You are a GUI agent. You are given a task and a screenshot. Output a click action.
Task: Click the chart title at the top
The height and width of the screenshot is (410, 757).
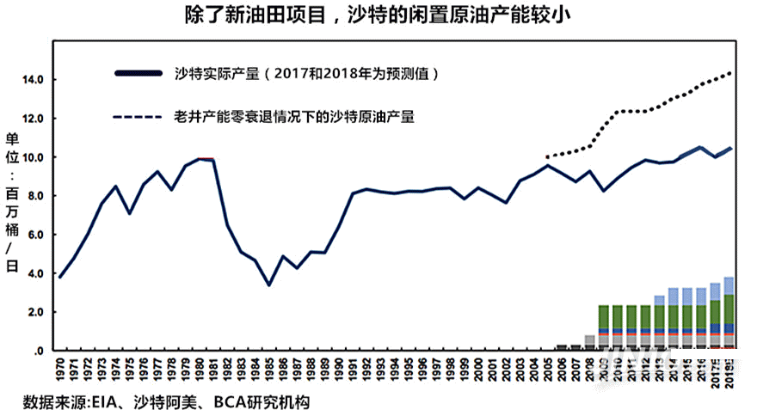tap(378, 15)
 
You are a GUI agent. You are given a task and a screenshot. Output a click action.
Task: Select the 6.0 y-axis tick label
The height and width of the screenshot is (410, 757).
tap(34, 235)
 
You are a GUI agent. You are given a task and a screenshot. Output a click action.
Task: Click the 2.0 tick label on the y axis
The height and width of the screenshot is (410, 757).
tap(34, 312)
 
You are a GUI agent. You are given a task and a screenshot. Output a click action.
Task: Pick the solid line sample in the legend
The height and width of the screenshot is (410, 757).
tap(137, 73)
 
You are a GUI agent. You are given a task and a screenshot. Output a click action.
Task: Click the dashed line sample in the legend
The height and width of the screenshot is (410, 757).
tap(137, 116)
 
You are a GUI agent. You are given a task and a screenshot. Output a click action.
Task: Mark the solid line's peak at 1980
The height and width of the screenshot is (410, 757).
tap(200, 159)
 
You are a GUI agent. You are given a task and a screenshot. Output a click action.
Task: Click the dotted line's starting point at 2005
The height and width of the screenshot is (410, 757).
tap(547, 157)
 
